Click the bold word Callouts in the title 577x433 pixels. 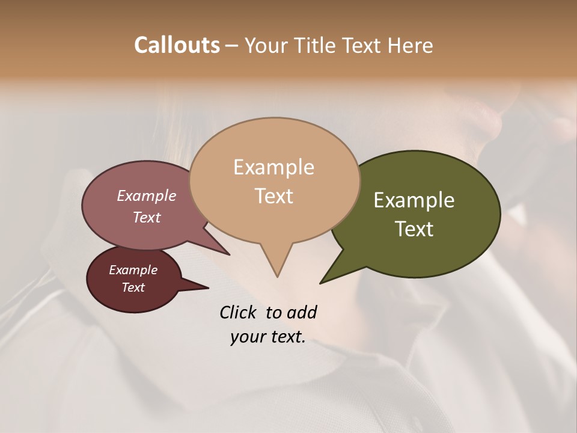(x=177, y=45)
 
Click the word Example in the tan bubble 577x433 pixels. (x=273, y=167)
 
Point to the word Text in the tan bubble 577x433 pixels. (x=273, y=196)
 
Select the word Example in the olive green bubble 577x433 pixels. (x=414, y=200)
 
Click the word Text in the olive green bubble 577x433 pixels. (x=414, y=229)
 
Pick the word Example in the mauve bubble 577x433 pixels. (x=146, y=196)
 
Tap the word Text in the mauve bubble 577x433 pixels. (x=146, y=218)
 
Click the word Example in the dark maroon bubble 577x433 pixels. (x=133, y=270)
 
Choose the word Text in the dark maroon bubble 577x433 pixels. (x=133, y=287)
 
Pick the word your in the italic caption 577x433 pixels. (x=246, y=337)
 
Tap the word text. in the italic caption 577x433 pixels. (x=286, y=337)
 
